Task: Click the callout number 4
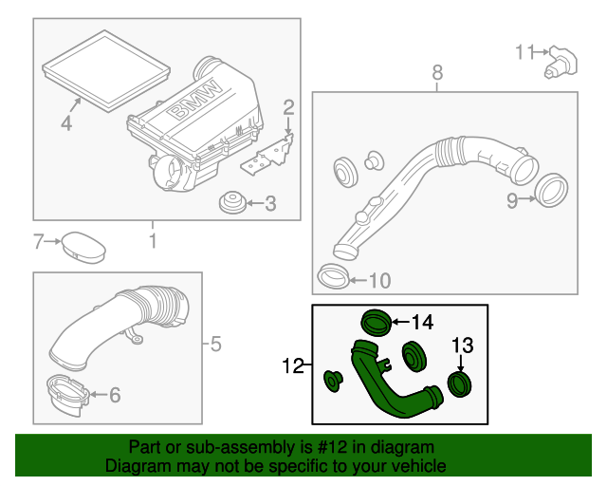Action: pyautogui.click(x=65, y=123)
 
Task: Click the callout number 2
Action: pyautogui.click(x=288, y=107)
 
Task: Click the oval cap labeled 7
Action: pyautogui.click(x=83, y=247)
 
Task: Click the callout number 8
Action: pyautogui.click(x=436, y=72)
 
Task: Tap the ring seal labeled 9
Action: pyautogui.click(x=549, y=190)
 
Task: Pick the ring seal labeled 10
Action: pyautogui.click(x=331, y=277)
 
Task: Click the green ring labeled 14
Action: pyautogui.click(x=376, y=324)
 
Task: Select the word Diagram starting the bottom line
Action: pyautogui.click(x=135, y=466)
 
